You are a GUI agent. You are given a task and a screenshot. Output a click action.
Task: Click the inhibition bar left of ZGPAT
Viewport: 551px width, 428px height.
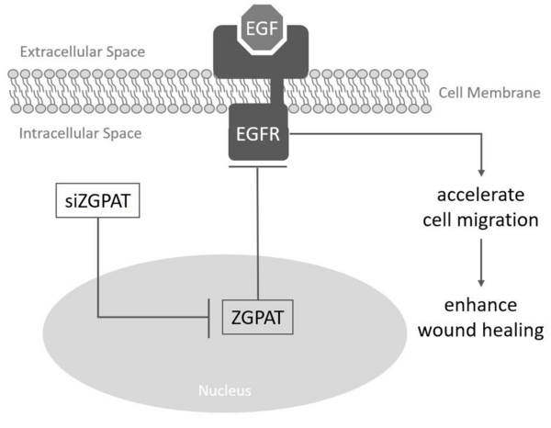point(212,320)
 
